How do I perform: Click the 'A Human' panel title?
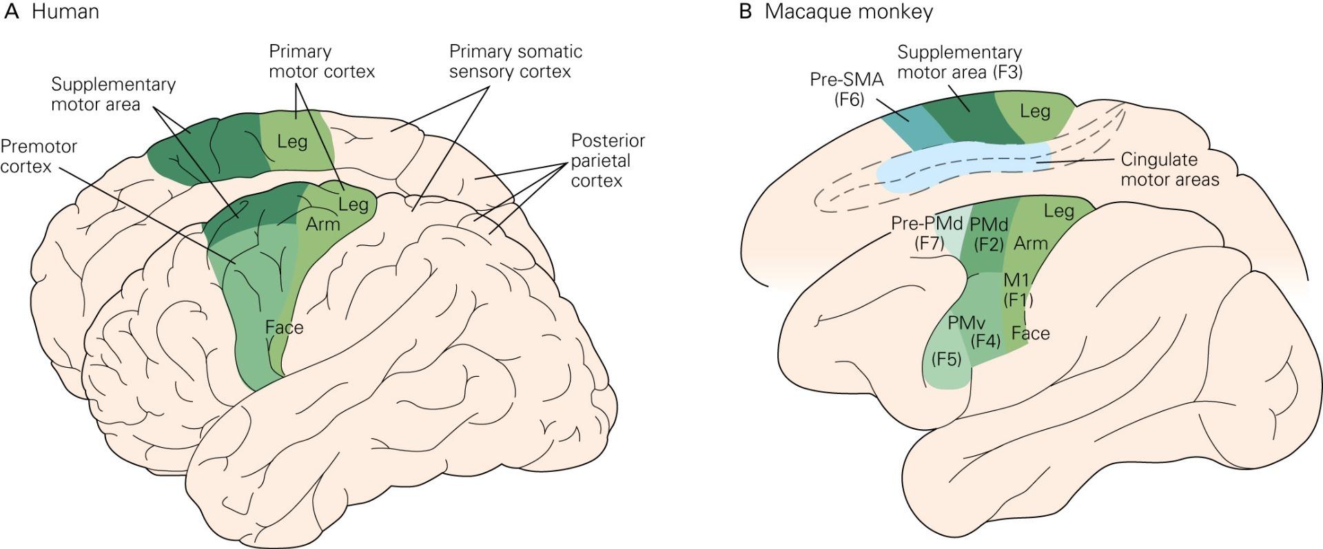(51, 12)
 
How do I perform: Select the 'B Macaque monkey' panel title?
(836, 12)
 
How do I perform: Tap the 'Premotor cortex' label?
(39, 156)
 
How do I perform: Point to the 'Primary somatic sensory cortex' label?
(515, 61)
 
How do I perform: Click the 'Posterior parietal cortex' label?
(608, 160)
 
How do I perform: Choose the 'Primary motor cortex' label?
(322, 61)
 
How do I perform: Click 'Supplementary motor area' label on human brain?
(113, 94)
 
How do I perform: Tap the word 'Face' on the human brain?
(284, 327)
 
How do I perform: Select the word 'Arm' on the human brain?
(323, 225)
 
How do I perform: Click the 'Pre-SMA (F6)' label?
(846, 89)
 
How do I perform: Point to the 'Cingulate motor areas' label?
(1170, 169)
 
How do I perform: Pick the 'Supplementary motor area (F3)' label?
(960, 62)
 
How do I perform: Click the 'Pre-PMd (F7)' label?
(927, 234)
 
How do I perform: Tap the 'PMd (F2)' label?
(989, 234)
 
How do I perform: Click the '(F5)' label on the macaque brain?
(946, 359)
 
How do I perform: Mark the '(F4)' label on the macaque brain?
(985, 340)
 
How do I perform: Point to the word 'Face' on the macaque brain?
(1031, 333)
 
